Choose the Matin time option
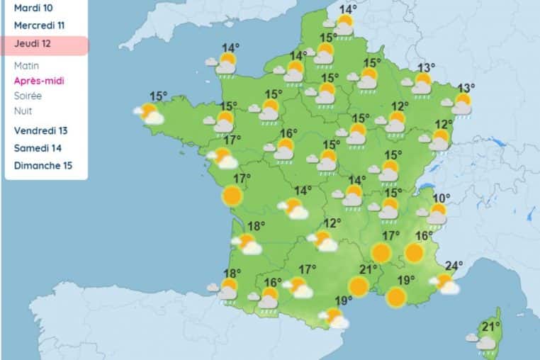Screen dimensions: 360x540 (26, 66)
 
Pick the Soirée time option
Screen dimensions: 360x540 (28, 96)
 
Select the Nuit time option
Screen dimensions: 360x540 (23, 111)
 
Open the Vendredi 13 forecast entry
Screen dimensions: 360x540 (40, 130)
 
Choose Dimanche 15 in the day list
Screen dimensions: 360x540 (42, 166)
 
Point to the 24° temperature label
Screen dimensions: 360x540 (454, 266)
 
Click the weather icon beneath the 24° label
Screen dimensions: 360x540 (446, 283)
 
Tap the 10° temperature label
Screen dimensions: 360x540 (441, 198)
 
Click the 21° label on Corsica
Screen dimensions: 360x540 (491, 326)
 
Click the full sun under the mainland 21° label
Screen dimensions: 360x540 (359, 286)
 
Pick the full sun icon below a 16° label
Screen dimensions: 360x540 (415, 252)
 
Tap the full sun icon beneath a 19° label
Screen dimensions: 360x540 (396, 297)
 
